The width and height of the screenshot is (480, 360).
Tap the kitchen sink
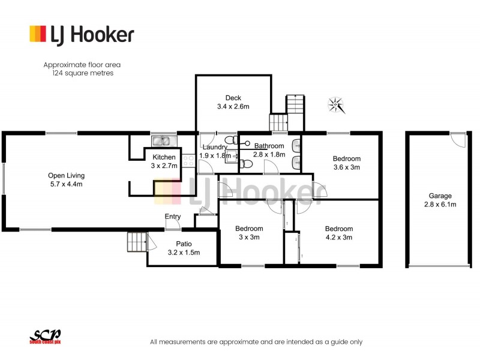[161, 142]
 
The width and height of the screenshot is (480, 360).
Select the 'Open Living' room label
[66, 175]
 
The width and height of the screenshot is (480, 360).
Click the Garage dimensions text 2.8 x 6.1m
[440, 205]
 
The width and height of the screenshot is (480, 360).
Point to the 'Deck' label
[233, 98]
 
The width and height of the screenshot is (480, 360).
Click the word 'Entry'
[173, 217]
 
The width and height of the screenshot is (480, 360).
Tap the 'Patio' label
[183, 244]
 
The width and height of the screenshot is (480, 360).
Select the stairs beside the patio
[136, 242]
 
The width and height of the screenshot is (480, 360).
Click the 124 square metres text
[78, 73]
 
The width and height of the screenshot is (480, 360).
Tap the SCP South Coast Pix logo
[46, 338]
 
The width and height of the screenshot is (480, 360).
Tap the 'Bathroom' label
[269, 146]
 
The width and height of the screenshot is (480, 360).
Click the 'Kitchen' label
[163, 157]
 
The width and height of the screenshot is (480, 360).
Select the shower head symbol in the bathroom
[247, 143]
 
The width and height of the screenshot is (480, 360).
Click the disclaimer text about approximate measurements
[256, 341]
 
